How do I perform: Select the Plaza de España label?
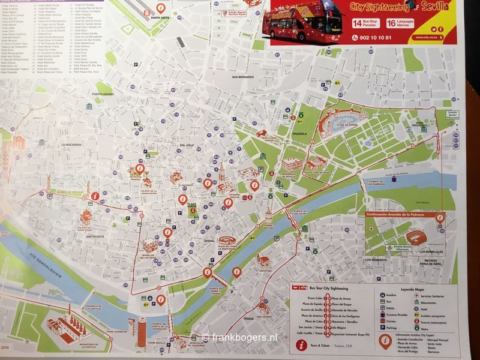click(349, 124)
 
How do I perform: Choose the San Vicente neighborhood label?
click(95, 236)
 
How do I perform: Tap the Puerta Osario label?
click(103, 94)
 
